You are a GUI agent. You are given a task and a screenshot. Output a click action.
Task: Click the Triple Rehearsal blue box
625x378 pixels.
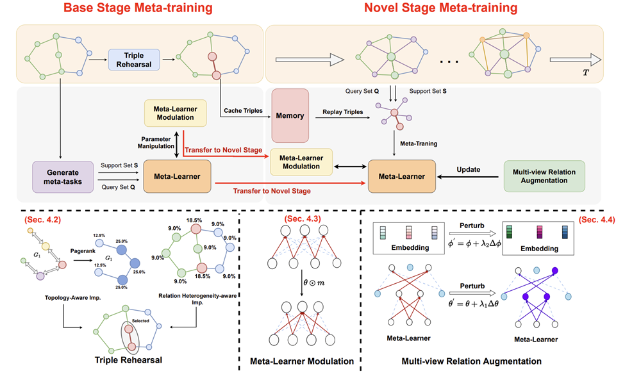[x=134, y=60]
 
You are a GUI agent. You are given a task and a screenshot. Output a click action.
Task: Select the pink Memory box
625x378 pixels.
[x=290, y=115]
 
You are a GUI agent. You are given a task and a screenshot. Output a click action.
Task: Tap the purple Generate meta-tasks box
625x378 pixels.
[x=63, y=177]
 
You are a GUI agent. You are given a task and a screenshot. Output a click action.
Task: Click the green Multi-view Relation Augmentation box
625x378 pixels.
[x=544, y=176]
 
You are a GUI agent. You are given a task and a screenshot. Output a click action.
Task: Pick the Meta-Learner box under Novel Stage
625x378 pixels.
[x=402, y=176]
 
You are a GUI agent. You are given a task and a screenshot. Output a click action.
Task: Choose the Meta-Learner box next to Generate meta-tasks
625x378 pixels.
[x=177, y=176]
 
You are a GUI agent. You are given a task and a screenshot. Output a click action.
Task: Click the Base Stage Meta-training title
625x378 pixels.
[x=138, y=8]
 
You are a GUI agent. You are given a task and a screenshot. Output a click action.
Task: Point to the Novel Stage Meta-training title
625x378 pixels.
[x=441, y=8]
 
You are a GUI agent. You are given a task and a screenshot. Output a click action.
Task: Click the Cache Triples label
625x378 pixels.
[x=243, y=111]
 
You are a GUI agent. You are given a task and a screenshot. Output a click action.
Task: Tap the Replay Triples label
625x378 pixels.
[x=343, y=112]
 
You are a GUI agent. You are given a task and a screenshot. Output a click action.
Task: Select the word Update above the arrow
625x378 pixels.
[x=469, y=169]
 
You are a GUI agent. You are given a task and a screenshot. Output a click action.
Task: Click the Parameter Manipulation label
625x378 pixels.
[x=156, y=143]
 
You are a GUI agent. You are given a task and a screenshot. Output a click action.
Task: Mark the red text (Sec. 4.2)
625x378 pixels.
[x=43, y=220]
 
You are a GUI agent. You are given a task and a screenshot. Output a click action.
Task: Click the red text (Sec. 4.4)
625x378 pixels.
[x=597, y=220]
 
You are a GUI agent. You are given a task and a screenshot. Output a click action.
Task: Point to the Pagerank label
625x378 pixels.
[x=83, y=251]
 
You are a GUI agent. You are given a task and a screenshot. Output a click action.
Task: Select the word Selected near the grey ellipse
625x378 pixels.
[x=140, y=320]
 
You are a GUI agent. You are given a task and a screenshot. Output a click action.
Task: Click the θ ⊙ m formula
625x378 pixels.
[x=313, y=283]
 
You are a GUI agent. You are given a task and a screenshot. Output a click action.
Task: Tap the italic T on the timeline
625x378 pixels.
[x=585, y=72]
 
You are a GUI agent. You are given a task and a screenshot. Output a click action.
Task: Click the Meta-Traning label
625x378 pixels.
[x=419, y=144]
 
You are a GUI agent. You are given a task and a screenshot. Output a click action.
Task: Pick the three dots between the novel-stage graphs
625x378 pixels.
[x=449, y=62]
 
